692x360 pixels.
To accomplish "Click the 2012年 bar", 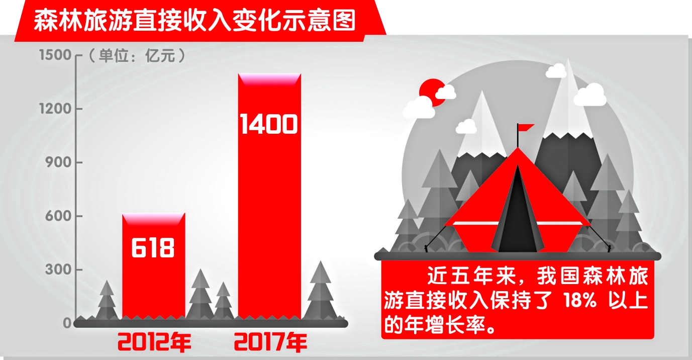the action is tap(154, 266).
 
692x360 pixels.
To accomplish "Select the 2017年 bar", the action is tap(269, 196).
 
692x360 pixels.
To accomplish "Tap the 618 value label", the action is tap(153, 247).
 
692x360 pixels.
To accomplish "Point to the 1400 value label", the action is tap(269, 124).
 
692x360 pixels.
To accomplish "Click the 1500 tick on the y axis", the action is tap(55, 55).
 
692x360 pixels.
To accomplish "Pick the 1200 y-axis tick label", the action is tap(55, 109).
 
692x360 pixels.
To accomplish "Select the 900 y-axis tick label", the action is tap(58, 162).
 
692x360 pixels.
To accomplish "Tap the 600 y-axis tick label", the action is tap(58, 216).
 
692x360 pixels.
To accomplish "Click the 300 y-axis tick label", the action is tap(58, 269).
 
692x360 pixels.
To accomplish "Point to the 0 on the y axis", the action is tap(67, 323).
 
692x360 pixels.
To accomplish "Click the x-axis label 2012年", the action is tap(154, 342).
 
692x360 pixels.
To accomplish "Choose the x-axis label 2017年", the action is tap(271, 342).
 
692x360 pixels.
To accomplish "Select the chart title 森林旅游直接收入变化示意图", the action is tap(194, 21).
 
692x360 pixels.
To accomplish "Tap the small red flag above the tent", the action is tap(525, 127).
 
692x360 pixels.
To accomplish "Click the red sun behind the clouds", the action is tap(432, 93).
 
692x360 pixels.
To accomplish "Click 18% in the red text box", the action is tap(579, 300).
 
